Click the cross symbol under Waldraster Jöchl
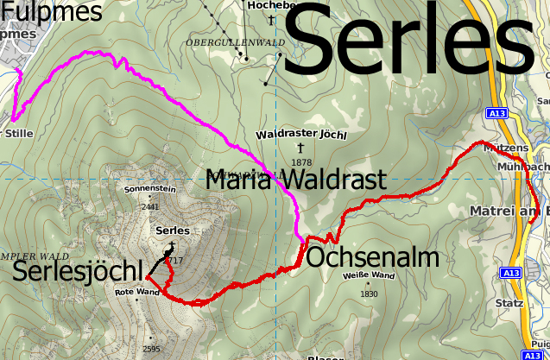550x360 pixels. coord(300,148)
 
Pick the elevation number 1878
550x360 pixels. coord(301,162)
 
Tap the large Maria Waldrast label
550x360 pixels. coord(294,180)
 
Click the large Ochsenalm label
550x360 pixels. coord(372,258)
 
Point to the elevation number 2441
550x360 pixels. coord(150,206)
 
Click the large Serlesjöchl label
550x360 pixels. coord(77,271)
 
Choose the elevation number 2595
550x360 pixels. coord(150,349)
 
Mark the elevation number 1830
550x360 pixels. coord(369,294)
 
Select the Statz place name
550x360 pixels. coord(509,303)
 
